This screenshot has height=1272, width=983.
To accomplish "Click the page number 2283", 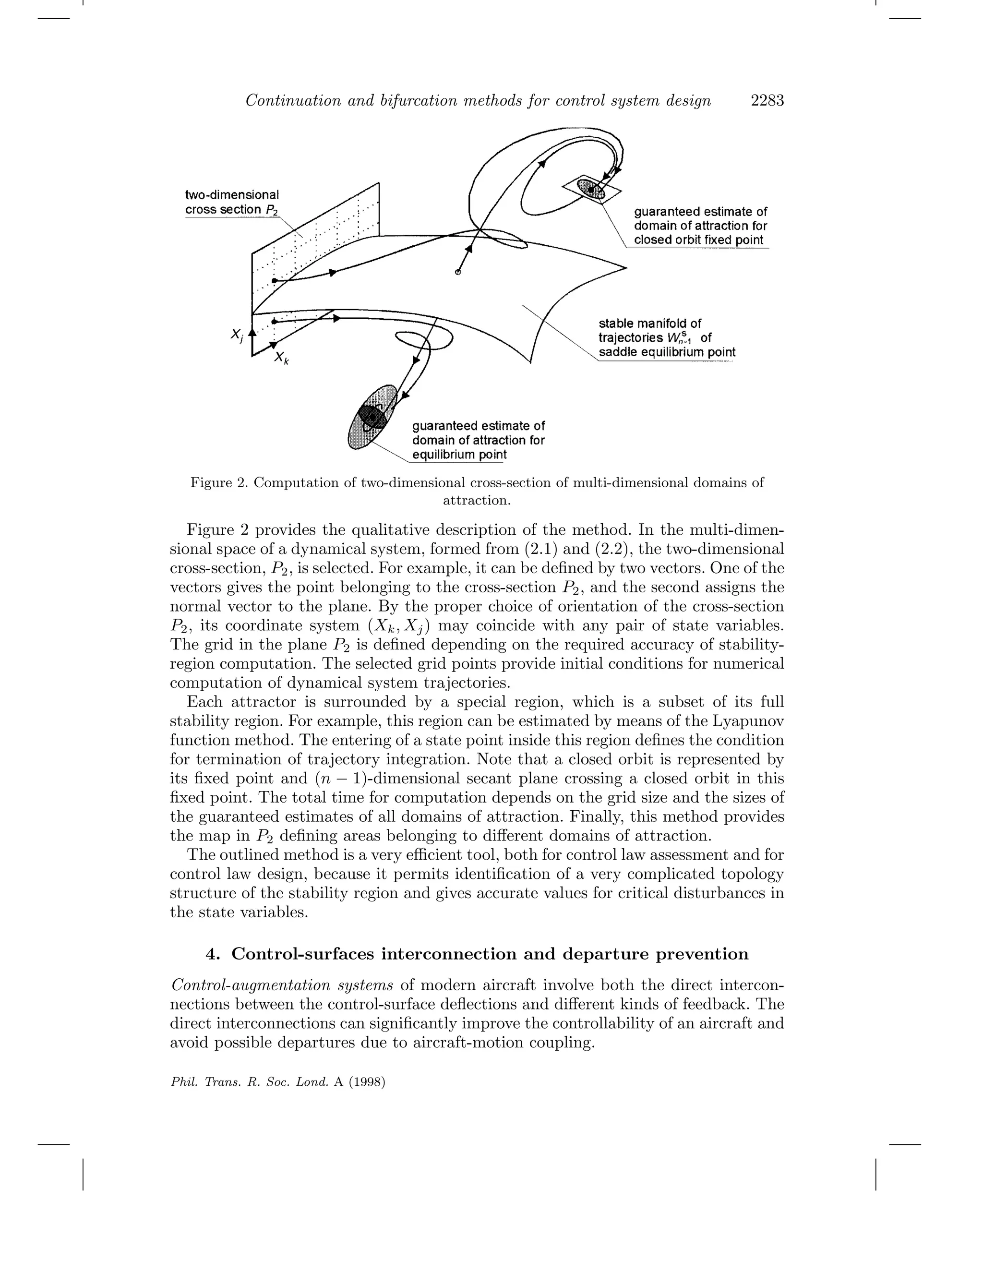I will [767, 101].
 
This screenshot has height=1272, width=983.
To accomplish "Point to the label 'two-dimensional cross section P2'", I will [232, 202].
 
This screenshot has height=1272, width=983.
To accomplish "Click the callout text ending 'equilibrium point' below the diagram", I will [478, 440].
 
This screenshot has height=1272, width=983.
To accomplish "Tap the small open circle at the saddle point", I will [458, 272].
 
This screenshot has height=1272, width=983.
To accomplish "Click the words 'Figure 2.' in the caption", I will [218, 483].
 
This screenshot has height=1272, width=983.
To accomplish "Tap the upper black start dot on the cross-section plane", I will [274, 281].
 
